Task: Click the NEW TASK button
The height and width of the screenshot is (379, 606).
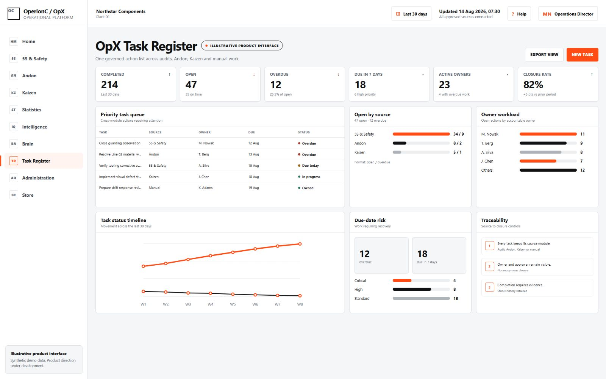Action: (582, 55)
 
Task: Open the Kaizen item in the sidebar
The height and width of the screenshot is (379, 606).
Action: (29, 92)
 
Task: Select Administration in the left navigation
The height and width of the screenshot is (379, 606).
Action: (38, 178)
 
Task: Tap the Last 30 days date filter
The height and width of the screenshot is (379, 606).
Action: (411, 14)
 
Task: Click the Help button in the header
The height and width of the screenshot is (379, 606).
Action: (519, 14)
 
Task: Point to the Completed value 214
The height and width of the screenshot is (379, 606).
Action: (109, 85)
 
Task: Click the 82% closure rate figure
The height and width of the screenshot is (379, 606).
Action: (533, 85)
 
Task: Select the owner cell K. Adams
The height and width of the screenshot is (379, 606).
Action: (205, 188)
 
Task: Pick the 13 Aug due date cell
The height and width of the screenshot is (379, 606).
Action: (253, 154)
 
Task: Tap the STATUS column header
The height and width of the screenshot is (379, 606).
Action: (304, 132)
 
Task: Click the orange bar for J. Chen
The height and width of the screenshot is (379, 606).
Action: (538, 161)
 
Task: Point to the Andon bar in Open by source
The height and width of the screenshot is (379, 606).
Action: (399, 143)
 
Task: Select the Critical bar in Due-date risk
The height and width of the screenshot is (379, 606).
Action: (402, 280)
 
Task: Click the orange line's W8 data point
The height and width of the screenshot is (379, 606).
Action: (300, 244)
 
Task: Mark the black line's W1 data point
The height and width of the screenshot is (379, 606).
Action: (144, 291)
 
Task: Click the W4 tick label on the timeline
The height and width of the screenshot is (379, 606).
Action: (211, 304)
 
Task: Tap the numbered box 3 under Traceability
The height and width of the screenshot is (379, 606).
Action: (489, 288)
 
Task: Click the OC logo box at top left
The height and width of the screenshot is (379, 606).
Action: (14, 14)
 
